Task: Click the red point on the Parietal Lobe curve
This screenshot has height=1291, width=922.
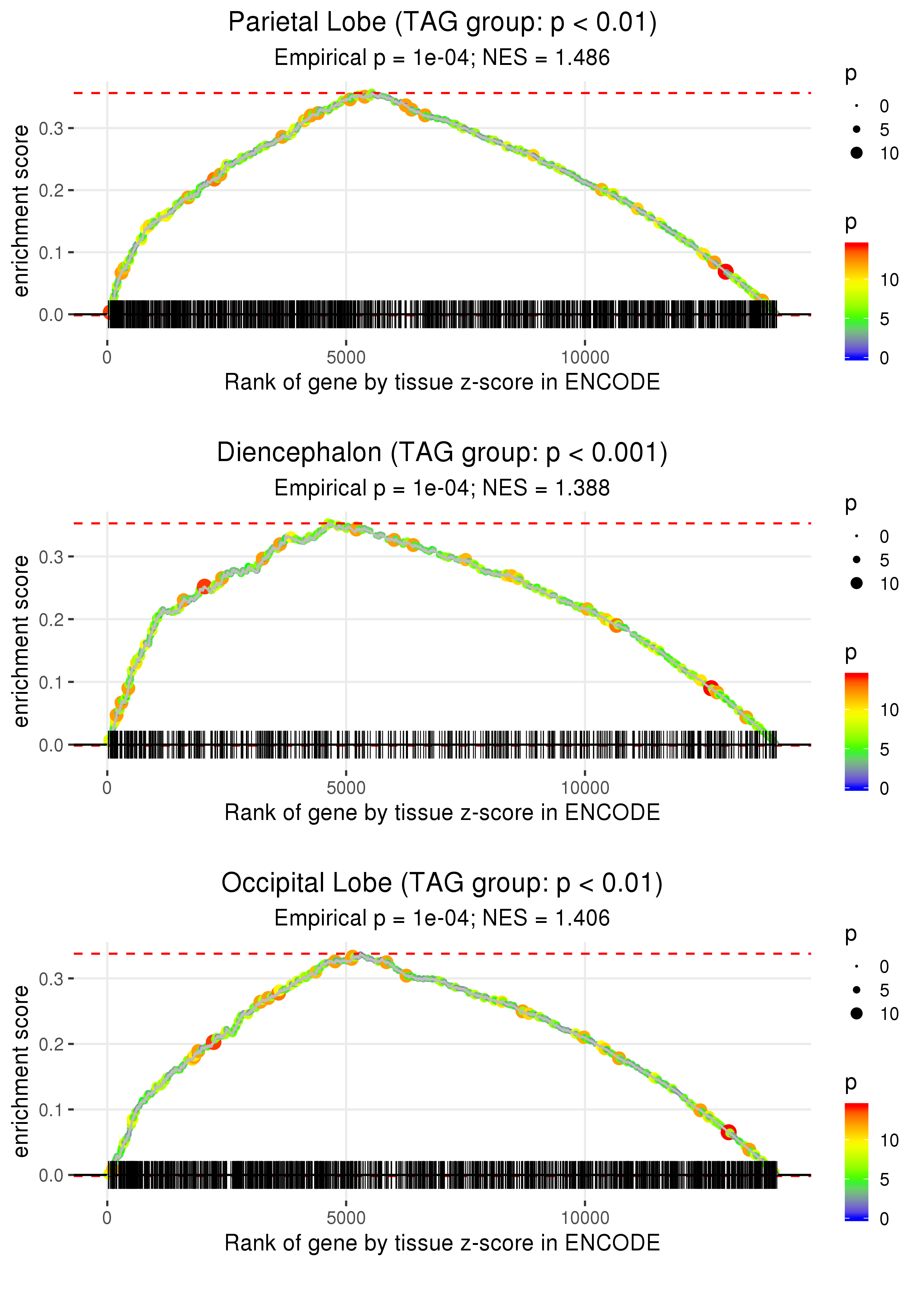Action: (725, 272)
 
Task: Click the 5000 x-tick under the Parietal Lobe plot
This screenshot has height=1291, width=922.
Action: (346, 358)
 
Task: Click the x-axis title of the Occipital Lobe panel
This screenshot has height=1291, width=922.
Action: (442, 1243)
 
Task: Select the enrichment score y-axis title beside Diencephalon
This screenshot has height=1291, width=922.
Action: (21, 641)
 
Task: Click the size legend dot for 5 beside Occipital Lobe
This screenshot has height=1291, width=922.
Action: (857, 990)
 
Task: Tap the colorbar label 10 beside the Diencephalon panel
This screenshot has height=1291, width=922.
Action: (889, 710)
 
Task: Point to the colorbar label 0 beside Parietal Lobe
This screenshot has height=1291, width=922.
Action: (884, 358)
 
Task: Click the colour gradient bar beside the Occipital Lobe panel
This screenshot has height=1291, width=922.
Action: (857, 1161)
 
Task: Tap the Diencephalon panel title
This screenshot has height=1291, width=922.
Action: (442, 453)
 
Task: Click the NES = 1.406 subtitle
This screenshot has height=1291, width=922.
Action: (442, 918)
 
